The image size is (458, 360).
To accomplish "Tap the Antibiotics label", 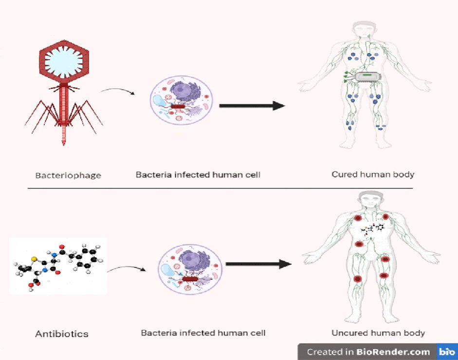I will [62, 334].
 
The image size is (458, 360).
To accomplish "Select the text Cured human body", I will [373, 174].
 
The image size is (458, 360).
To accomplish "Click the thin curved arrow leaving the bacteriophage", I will [115, 92].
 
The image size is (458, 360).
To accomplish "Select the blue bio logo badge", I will [447, 352].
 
